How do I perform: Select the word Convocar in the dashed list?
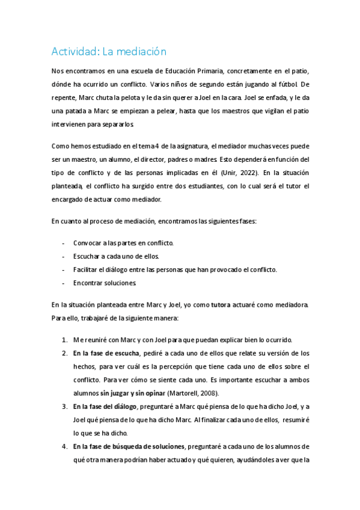point(88,243)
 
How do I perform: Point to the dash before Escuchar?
point(64,256)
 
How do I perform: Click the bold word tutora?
point(222,305)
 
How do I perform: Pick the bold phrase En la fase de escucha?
point(106,353)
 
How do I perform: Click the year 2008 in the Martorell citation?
point(207,393)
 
